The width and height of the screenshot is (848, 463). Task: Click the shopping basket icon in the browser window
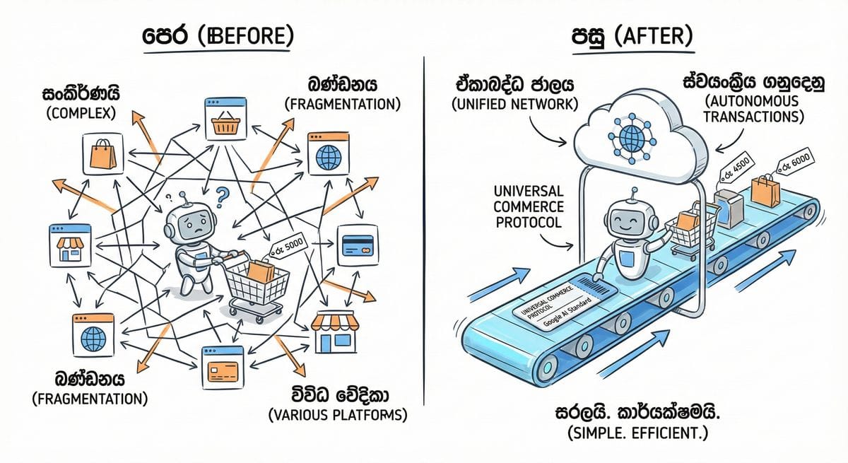coord(224,125)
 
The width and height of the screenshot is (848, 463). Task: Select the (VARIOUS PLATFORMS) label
coord(338,415)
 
